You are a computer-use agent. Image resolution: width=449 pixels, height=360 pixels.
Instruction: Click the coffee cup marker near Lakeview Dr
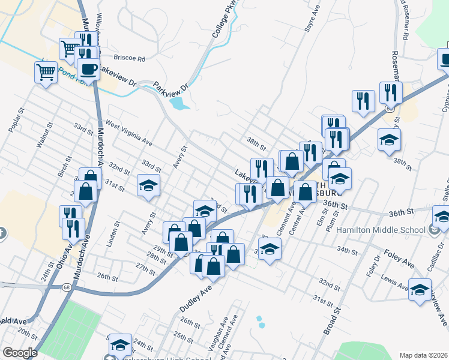88,70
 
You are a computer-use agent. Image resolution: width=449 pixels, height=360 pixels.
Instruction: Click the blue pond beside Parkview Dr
178,104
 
